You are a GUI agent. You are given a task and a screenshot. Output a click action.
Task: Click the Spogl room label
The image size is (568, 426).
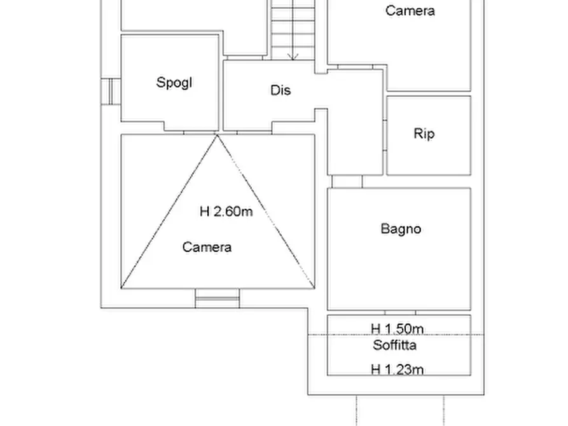[174, 83]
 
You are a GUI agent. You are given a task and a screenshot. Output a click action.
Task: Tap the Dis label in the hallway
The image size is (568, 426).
[281, 90]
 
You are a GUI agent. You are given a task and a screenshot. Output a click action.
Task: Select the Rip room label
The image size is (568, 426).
[424, 134]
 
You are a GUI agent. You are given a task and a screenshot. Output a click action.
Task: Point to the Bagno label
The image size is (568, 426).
[401, 229]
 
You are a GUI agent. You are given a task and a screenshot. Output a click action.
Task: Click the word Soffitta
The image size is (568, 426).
[395, 345]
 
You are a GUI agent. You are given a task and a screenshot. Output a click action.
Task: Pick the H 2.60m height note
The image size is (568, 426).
[226, 212]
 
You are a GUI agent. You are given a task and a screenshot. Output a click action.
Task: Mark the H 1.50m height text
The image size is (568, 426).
[398, 329]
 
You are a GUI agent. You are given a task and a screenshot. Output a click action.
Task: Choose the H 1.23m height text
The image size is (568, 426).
[398, 369]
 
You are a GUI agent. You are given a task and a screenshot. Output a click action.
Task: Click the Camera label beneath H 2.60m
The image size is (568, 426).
[207, 247]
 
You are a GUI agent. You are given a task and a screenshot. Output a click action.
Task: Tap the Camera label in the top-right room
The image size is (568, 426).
[410, 11]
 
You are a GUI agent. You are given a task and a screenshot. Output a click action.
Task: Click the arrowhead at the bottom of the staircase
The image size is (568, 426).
[293, 57]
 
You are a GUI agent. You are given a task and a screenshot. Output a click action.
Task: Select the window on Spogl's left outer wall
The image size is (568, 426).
[110, 90]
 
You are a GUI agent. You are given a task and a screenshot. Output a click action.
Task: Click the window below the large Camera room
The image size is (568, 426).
[218, 297]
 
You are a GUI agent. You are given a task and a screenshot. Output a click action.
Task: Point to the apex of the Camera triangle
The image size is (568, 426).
[218, 135]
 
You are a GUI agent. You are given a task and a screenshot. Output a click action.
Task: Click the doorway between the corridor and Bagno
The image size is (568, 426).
[347, 182]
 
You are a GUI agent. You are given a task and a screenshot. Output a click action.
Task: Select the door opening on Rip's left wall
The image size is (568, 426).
[385, 135]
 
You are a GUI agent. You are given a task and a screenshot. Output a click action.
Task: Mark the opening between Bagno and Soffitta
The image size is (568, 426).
[399, 313]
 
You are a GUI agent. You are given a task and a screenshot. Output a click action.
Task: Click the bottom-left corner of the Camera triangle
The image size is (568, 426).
[122, 287]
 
